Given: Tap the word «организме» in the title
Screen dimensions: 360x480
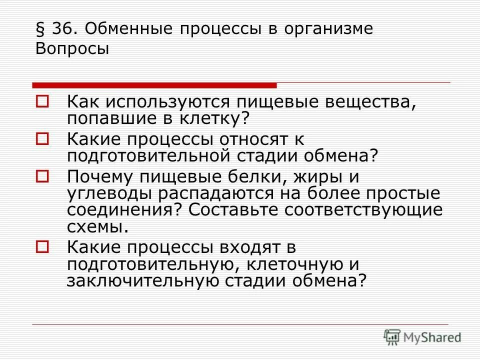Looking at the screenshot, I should coord(328,29).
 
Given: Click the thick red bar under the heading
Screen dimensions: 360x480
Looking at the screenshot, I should coord(154,85).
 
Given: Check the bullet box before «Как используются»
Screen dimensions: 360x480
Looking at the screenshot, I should coord(42,101).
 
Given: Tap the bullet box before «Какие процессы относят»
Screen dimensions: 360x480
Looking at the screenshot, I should coord(42,138).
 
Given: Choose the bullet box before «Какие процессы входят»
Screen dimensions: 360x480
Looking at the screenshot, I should coord(42,246).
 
